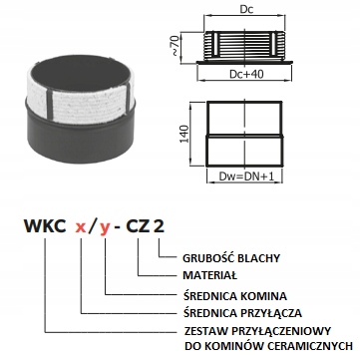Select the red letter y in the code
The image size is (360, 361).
click(x=104, y=229)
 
